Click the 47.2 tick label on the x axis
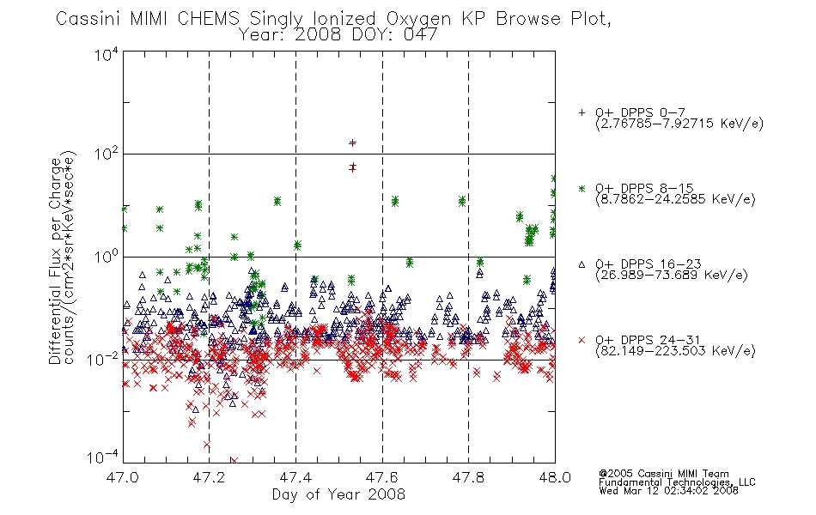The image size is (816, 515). click(209, 477)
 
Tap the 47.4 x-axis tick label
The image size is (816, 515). click(295, 477)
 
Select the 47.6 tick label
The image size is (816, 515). click(382, 477)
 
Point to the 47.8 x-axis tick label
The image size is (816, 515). click(468, 477)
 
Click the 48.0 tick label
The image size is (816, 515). click(555, 477)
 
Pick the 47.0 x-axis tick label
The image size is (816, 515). click(122, 477)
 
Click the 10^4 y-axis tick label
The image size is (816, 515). click(107, 55)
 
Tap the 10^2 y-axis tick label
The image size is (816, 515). click(107, 154)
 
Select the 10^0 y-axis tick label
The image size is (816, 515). click(107, 257)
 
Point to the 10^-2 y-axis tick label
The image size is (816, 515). click(103, 360)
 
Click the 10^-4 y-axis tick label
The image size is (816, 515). click(103, 457)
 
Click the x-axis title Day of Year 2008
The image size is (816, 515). click(338, 494)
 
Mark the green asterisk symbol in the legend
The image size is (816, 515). click(582, 188)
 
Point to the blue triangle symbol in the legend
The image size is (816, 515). click(582, 264)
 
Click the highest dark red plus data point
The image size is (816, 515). click(352, 142)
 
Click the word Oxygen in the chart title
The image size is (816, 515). click(418, 19)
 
